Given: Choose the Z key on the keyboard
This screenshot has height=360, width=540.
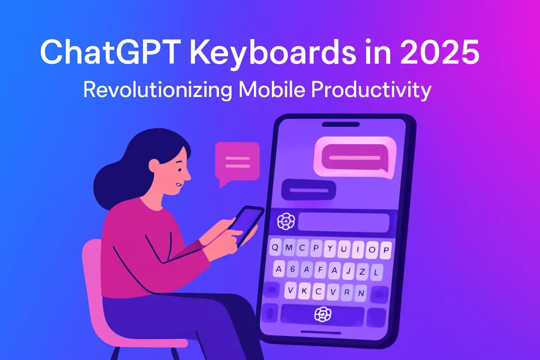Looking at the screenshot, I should tap(361, 271).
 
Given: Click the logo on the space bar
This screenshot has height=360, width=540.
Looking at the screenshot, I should tap(322, 314).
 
